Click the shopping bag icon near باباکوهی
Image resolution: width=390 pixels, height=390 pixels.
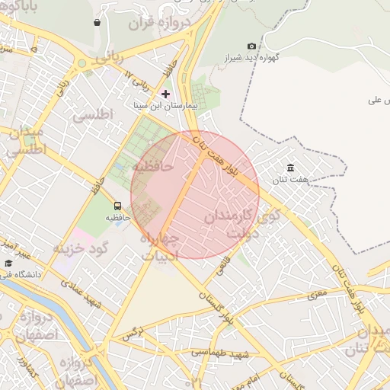[97, 22]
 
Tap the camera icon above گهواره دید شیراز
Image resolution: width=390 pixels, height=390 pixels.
[252, 46]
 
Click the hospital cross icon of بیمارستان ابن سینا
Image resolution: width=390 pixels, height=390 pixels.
[165, 94]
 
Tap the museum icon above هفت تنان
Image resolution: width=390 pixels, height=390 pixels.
[290, 168]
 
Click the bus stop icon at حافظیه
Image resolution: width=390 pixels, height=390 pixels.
[117, 206]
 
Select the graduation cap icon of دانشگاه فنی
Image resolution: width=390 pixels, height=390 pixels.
[8, 263]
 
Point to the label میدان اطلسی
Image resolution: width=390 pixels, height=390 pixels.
[27, 142]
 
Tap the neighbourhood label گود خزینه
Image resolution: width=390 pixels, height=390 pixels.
[82, 248]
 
